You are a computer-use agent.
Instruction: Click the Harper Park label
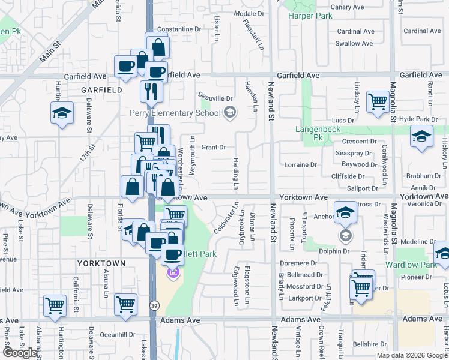click(x=310, y=16)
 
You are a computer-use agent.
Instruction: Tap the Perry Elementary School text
click(x=175, y=112)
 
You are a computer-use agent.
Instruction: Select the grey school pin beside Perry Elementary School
click(x=229, y=112)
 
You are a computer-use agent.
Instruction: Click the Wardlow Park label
click(x=420, y=265)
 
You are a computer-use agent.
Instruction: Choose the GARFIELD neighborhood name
click(x=102, y=90)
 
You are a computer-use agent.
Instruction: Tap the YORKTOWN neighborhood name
click(x=101, y=263)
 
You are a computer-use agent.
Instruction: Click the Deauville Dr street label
click(x=215, y=98)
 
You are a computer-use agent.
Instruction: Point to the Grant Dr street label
click(x=213, y=147)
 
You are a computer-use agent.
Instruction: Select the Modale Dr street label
click(x=249, y=13)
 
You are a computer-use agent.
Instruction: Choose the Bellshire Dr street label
click(x=370, y=344)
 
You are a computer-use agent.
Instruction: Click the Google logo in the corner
click(x=20, y=353)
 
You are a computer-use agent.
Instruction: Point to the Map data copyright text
click(x=412, y=355)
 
